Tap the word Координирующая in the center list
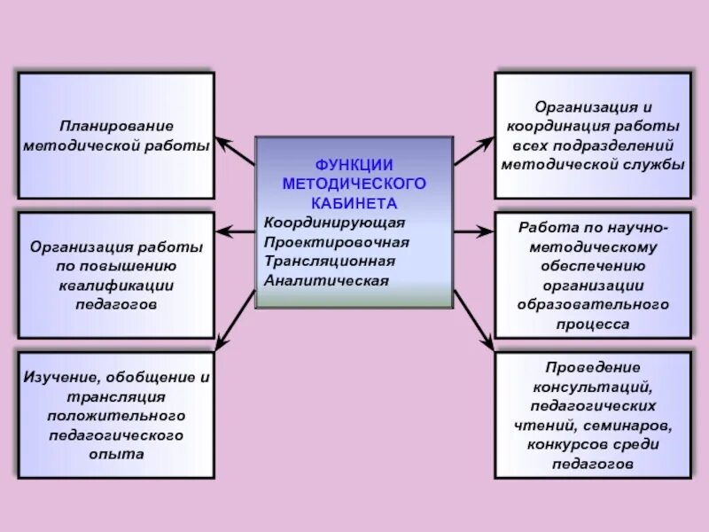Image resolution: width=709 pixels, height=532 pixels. click(x=334, y=222)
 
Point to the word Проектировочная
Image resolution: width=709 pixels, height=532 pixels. click(x=337, y=241)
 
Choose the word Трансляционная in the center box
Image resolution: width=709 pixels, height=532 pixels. click(x=330, y=261)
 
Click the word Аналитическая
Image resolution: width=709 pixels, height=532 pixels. click(x=327, y=280)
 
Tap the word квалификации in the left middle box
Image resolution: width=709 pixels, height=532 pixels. click(x=116, y=284)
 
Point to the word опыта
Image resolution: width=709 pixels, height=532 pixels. click(x=116, y=453)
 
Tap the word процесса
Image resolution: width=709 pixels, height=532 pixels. click(x=593, y=325)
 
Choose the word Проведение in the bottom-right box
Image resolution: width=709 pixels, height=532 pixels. click(x=593, y=367)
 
